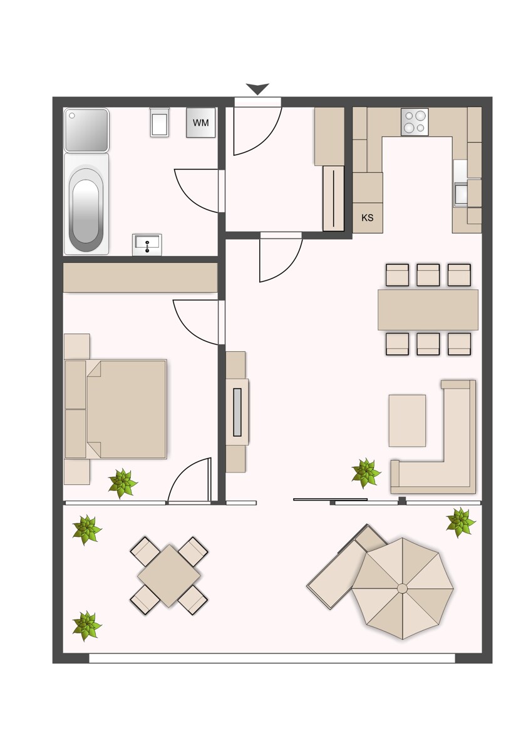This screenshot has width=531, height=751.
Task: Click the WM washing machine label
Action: (x=200, y=123)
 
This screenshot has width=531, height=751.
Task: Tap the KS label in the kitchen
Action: (x=368, y=218)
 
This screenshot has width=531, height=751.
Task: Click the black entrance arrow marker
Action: (x=257, y=89)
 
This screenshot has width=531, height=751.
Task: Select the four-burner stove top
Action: (x=415, y=122)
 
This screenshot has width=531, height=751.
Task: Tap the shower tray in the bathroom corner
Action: (x=86, y=130)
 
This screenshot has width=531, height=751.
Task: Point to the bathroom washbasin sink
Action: (x=147, y=245)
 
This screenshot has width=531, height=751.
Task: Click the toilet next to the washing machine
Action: (x=160, y=123)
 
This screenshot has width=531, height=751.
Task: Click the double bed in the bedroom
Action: (x=116, y=409)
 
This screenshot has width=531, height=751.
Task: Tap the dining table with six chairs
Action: (x=428, y=310)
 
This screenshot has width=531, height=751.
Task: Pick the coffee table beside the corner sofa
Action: (x=407, y=421)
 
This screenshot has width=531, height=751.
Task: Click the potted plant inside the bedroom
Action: (x=123, y=483)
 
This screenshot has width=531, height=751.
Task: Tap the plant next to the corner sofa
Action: (x=366, y=473)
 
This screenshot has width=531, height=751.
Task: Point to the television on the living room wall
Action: (x=237, y=412)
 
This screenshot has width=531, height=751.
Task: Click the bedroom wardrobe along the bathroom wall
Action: (x=140, y=277)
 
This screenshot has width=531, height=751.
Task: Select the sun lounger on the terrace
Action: (x=347, y=566)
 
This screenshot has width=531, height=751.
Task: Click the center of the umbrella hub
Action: (x=402, y=589)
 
